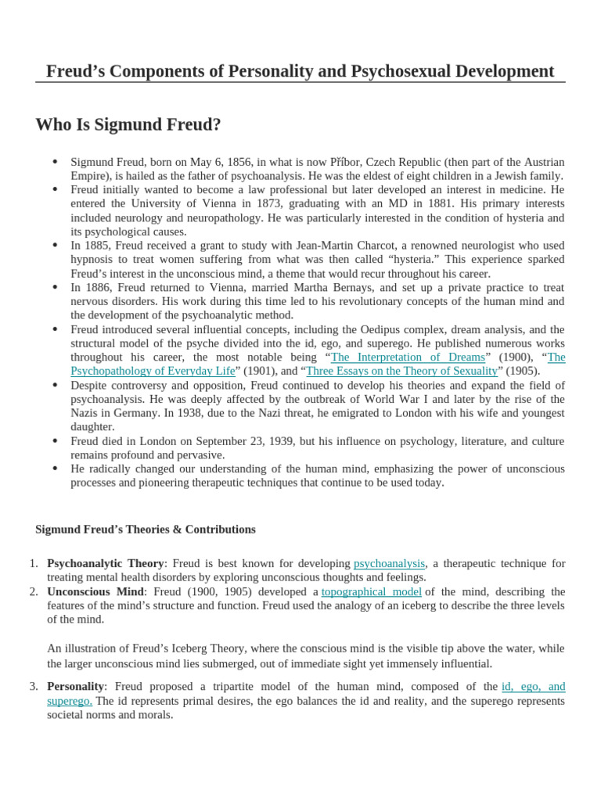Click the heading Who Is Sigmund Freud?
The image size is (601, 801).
click(128, 124)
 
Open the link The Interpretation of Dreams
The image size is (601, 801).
click(408, 357)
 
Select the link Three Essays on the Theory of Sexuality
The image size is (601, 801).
click(401, 371)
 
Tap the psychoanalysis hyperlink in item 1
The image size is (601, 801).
click(389, 563)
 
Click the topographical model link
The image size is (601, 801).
click(372, 591)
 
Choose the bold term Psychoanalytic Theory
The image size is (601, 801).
click(106, 563)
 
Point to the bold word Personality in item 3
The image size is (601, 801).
click(75, 686)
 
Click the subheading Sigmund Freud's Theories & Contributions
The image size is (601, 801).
click(146, 530)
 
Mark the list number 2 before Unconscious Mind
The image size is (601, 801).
click(34, 591)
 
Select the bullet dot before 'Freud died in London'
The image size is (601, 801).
click(55, 440)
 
